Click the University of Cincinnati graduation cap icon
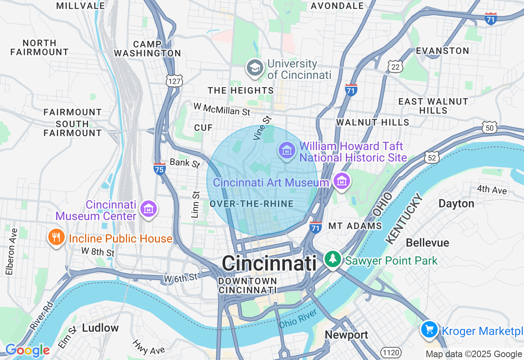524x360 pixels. coord(255,68)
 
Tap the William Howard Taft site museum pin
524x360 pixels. coord(287,151)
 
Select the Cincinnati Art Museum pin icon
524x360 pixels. coord(341,181)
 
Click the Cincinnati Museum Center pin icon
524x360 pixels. coord(149,209)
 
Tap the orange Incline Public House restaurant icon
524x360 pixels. coord(56,237)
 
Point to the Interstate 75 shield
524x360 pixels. coord(160,169)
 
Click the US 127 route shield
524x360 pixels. coord(174,81)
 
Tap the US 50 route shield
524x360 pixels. coord(490,128)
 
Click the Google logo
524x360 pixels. coord(27,351)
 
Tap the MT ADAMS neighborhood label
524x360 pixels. coord(355,226)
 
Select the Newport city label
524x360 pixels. coord(346,335)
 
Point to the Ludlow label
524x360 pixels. coord(100,328)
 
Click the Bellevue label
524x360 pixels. coord(427,243)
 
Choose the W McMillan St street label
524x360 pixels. coord(221,109)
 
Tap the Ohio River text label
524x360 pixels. coord(298,318)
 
